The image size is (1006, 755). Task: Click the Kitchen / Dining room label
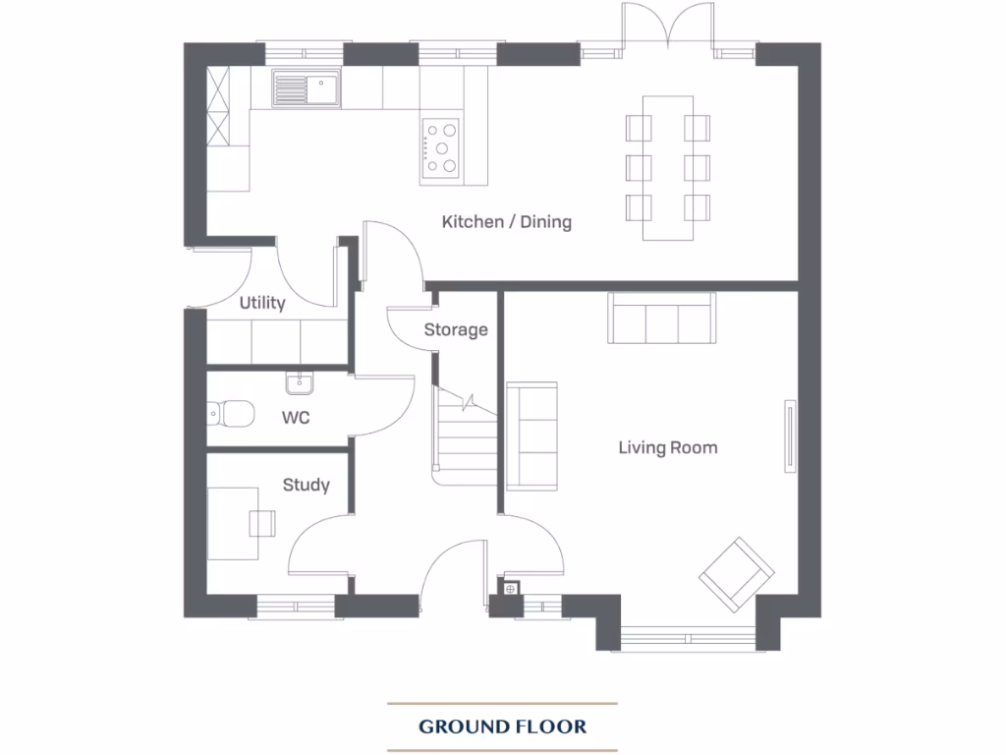point(506,221)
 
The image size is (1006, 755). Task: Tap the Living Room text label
point(667,448)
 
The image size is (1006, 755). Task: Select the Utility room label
point(262,303)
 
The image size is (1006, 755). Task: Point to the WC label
point(296,418)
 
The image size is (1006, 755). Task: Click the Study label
point(306,485)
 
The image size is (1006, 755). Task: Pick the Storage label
point(456,329)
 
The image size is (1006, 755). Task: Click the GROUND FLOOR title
point(502,727)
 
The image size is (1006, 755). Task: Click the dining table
point(668,167)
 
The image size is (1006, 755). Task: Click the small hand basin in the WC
point(299,381)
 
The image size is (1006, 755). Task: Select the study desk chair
point(262,523)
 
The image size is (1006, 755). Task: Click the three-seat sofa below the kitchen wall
point(661,319)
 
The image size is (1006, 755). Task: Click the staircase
point(466,433)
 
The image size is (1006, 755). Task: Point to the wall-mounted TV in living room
point(787,436)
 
